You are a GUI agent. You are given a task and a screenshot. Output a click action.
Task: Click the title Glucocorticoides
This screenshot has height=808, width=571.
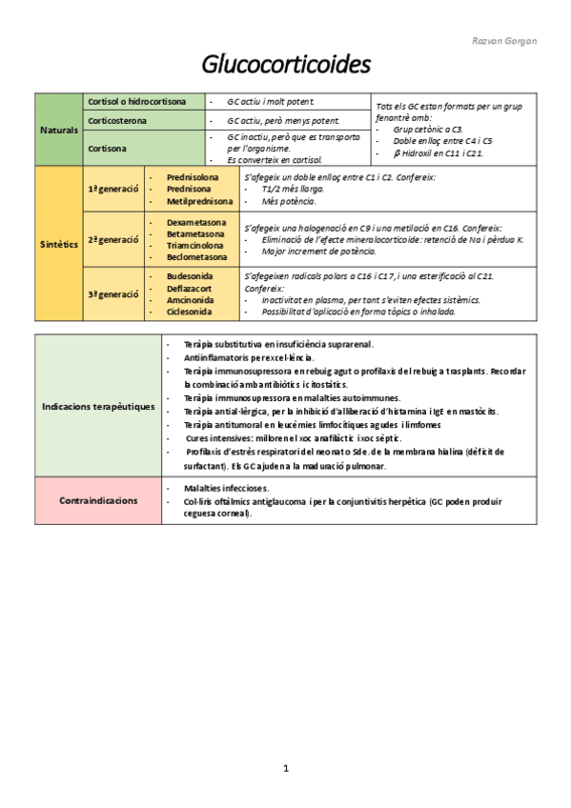click(x=285, y=65)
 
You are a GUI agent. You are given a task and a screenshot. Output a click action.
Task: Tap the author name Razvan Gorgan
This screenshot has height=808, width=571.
click(x=504, y=41)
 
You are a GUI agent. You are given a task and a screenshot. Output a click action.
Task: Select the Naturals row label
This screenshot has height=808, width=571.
click(x=59, y=130)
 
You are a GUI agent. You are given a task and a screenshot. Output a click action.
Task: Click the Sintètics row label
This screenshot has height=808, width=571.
click(x=59, y=245)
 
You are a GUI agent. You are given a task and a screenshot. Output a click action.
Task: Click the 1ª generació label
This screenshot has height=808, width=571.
click(x=113, y=190)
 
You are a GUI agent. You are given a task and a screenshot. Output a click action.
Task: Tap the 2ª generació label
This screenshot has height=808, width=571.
click(x=113, y=239)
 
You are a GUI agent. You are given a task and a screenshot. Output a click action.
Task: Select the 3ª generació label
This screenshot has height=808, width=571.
click(x=113, y=294)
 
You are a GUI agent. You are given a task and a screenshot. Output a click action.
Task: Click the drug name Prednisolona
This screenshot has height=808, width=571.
click(x=192, y=177)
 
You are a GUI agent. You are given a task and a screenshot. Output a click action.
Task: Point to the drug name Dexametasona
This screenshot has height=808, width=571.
click(x=196, y=222)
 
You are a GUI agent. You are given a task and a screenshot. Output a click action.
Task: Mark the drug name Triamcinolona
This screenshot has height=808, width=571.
click(x=196, y=245)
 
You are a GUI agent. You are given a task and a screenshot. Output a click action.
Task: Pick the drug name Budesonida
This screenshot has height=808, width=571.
click(x=190, y=275)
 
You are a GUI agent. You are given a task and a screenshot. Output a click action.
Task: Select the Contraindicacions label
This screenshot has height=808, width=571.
click(x=97, y=500)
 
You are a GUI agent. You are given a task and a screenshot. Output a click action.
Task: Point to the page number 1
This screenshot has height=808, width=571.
click(x=285, y=767)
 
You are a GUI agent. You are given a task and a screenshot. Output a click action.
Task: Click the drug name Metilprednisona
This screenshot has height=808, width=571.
click(x=199, y=201)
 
